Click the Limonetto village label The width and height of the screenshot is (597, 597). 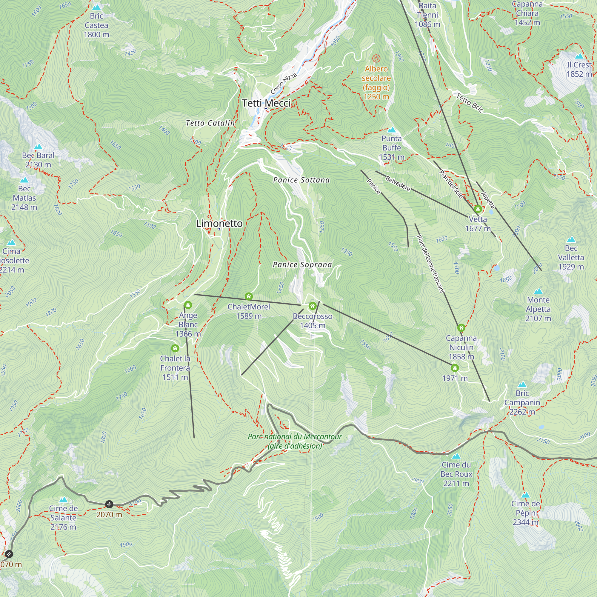pos(219,223)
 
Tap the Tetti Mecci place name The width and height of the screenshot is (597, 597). pos(266,103)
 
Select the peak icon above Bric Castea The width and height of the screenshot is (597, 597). pos(97,7)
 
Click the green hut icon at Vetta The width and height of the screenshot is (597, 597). pos(478,209)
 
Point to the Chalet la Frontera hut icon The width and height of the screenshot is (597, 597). pos(175,348)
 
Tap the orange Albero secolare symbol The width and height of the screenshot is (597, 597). pos(376,58)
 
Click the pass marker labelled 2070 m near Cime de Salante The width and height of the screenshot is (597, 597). pos(109,504)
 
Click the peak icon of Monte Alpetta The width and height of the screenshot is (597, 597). pos(538,291)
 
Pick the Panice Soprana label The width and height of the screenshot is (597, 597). pos(302,264)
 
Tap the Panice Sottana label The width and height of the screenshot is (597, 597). pos(301,180)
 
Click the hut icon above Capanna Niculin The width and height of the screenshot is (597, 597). pos(461,327)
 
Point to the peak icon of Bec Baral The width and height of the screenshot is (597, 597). pos(38,147)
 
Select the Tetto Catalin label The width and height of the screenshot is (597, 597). pos(210,123)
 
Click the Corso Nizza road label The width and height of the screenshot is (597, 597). pos(283,84)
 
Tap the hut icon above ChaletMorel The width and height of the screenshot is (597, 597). pos(249,297)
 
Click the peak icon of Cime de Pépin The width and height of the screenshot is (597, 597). pos(526,495)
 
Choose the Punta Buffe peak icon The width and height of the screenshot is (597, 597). pos(392,130)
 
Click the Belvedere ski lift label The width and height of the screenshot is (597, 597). pos(398,183)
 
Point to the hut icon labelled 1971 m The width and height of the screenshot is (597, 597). pos(455,368)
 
